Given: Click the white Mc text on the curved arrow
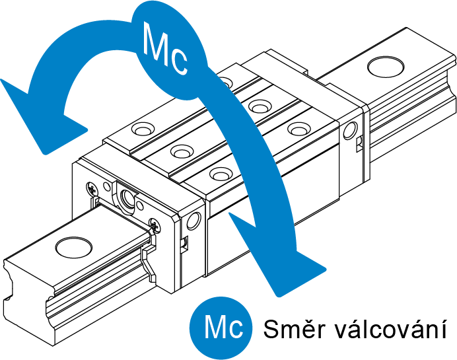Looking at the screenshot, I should click(x=166, y=49).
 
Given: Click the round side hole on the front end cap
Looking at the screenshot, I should click(x=194, y=219).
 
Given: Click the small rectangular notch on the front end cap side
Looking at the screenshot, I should click(x=184, y=242).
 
